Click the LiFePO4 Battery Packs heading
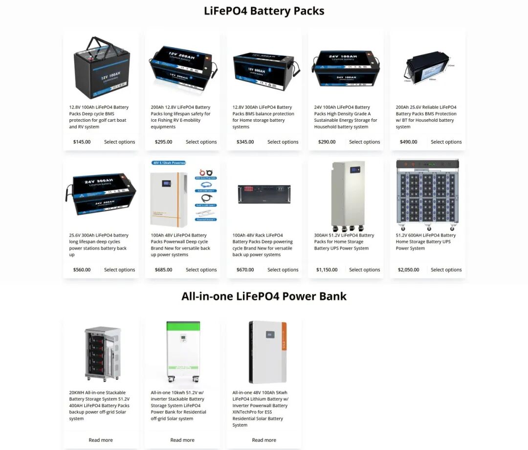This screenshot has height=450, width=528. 264,11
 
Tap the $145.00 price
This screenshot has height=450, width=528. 82,142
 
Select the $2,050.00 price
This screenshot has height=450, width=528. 408,270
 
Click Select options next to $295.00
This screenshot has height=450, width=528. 201,142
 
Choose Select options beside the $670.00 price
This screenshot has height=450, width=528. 283,270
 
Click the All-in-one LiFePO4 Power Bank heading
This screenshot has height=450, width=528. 264,296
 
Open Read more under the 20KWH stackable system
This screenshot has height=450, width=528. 101,440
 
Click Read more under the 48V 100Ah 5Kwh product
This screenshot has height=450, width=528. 264,440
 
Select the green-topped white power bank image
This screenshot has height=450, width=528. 183,351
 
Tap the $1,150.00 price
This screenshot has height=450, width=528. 327,270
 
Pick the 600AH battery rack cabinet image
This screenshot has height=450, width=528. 427,194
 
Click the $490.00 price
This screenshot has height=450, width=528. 408,142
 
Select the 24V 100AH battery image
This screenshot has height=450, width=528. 346,68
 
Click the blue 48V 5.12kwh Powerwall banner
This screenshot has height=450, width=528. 169,163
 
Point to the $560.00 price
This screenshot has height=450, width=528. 82,270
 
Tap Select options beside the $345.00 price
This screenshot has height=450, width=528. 283,142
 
